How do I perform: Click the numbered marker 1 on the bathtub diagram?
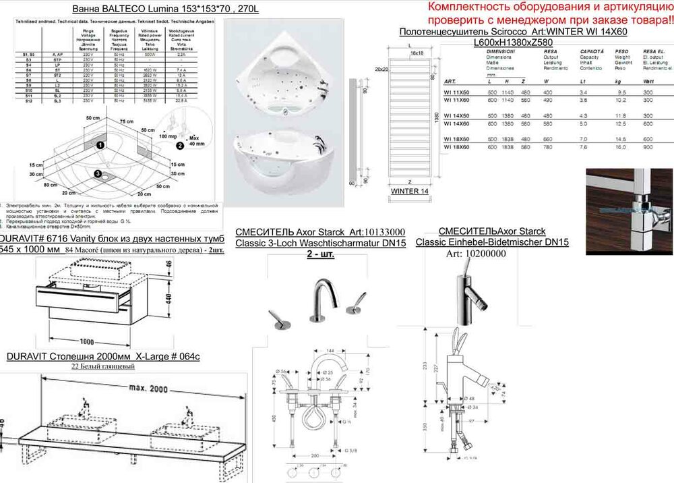100,144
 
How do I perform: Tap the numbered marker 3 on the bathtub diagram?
98,174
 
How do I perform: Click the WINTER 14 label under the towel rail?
410,192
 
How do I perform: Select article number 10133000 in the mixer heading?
379,232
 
